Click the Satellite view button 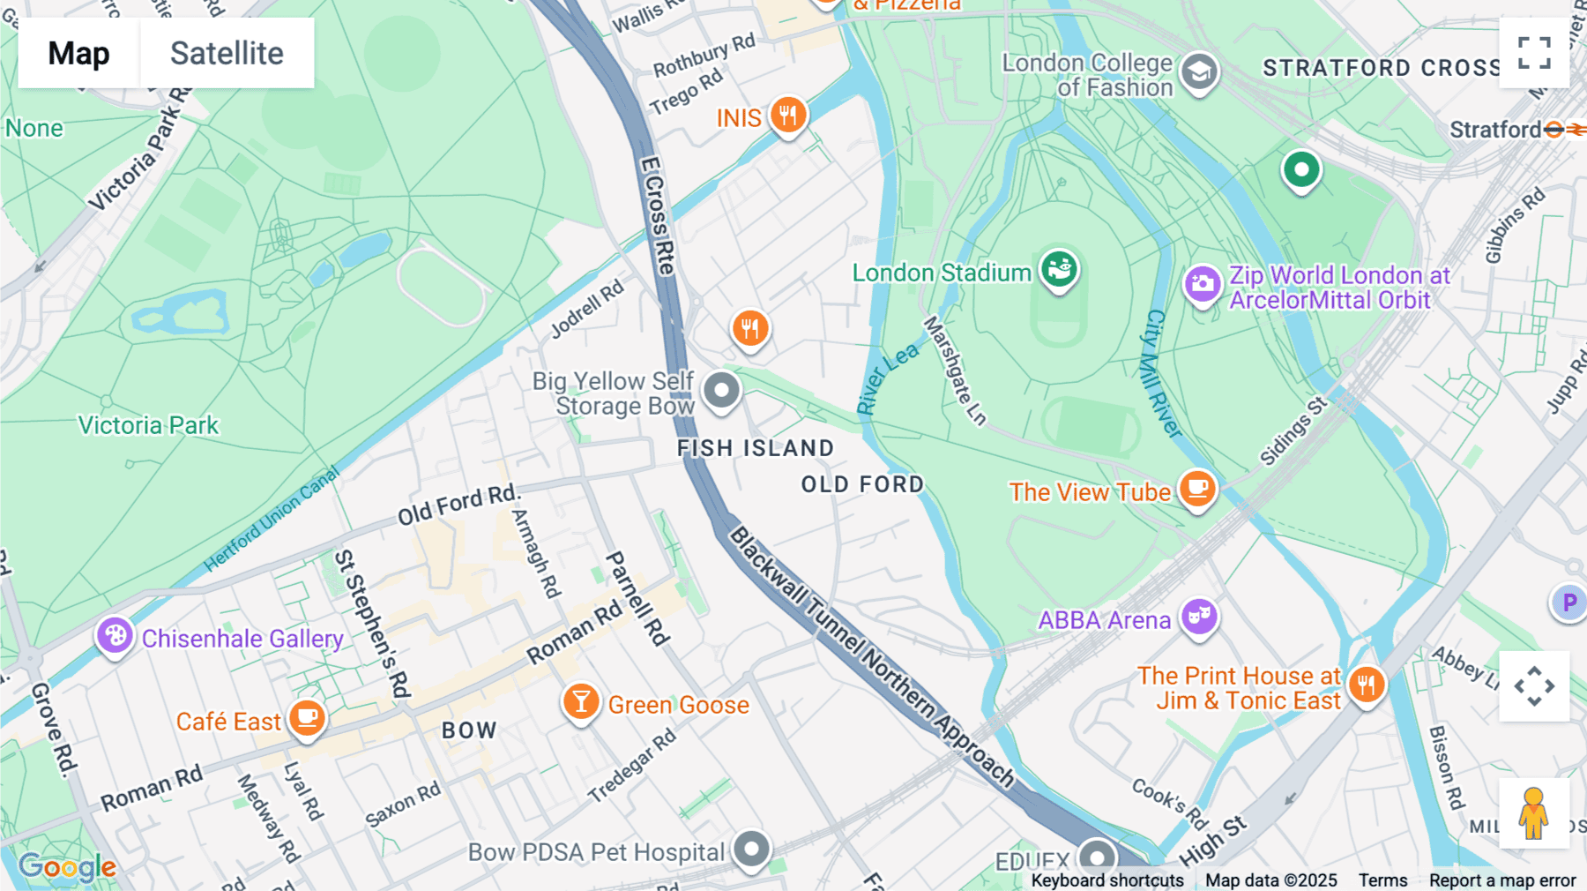(x=227, y=53)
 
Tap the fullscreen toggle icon (x=1534, y=53)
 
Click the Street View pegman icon (x=1533, y=813)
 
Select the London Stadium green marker (x=1059, y=269)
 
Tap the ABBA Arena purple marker (x=1199, y=617)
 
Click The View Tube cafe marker (x=1197, y=489)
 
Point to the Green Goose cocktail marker (x=581, y=702)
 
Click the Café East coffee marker (x=307, y=718)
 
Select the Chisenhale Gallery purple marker (x=115, y=635)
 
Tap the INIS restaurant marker (x=787, y=116)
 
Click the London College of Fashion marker (x=1199, y=72)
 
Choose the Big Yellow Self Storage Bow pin (x=721, y=390)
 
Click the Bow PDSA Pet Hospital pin (x=752, y=850)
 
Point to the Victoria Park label (x=148, y=425)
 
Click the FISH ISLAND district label (x=755, y=448)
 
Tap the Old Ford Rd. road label (x=458, y=505)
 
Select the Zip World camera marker (x=1203, y=285)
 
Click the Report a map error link (x=1501, y=880)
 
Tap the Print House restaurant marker (x=1367, y=684)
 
